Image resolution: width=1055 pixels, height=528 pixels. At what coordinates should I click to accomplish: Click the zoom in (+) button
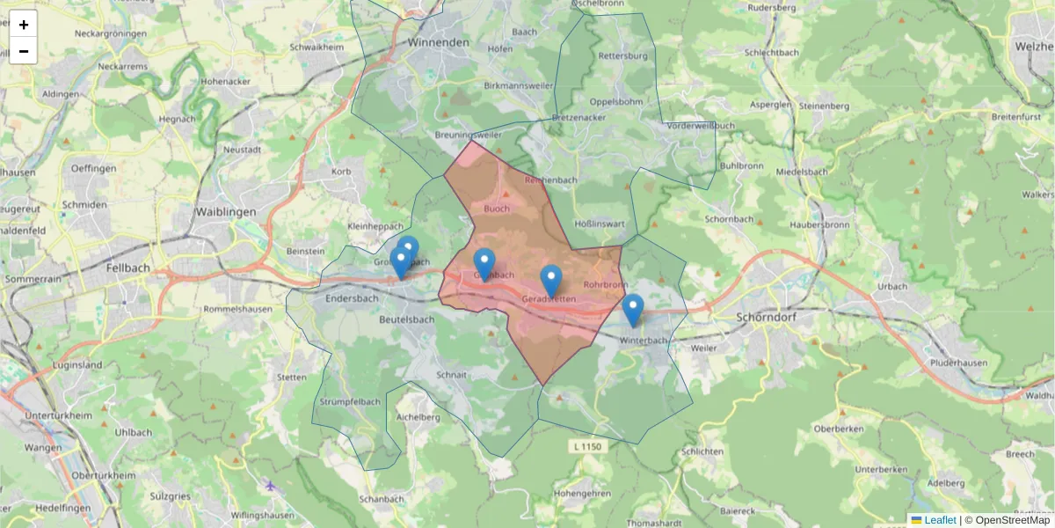click(x=24, y=25)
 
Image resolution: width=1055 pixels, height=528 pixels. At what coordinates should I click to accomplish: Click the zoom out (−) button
click(x=24, y=51)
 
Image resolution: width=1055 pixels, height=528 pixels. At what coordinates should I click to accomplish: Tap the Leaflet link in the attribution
click(x=939, y=520)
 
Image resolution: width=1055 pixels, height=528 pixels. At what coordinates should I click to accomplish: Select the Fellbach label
click(x=128, y=268)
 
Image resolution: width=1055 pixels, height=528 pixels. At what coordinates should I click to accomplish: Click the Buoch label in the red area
click(x=497, y=209)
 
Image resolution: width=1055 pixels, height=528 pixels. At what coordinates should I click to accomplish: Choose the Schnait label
click(x=451, y=374)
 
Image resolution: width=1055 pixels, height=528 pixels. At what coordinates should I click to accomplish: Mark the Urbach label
click(x=891, y=287)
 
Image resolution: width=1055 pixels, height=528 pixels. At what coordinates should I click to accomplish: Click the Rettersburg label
click(x=622, y=56)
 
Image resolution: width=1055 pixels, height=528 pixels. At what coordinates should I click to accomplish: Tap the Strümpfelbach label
click(x=349, y=402)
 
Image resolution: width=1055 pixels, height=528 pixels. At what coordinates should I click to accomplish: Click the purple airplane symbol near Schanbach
click(x=270, y=486)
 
